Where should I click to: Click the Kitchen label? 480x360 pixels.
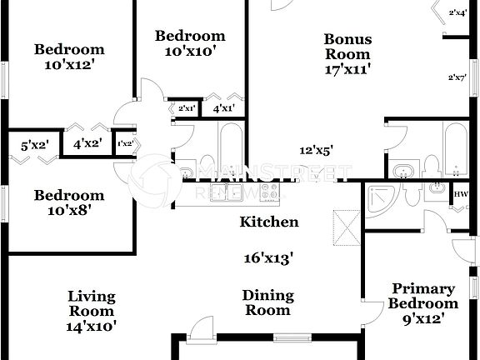point(268,222)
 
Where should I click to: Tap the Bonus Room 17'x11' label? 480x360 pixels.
point(347,53)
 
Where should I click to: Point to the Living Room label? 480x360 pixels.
point(92,311)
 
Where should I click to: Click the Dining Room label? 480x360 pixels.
point(267,302)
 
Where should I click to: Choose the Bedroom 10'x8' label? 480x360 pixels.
point(69,202)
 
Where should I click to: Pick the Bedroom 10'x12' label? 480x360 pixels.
point(69,57)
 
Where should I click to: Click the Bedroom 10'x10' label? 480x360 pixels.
point(190,42)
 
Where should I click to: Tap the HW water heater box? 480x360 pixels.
point(460,195)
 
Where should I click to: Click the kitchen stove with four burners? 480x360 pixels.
point(270,194)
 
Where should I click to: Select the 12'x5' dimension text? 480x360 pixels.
point(317,151)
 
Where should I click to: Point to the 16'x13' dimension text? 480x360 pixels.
point(268,258)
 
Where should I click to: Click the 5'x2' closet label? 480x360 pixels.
point(34,145)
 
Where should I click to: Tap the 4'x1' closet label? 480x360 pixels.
point(223,108)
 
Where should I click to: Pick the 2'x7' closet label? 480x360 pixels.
point(457,77)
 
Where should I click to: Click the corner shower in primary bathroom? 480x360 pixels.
point(381,197)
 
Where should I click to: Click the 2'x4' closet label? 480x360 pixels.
point(457,12)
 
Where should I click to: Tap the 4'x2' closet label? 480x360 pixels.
point(87,143)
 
